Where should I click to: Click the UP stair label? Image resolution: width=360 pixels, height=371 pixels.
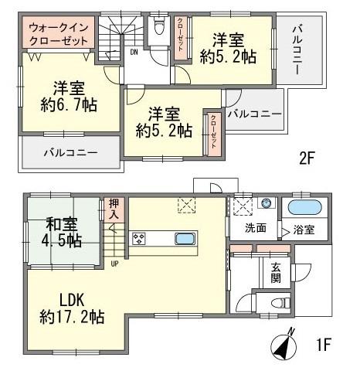coord(115,264)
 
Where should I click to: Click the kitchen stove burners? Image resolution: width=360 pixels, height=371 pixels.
coord(140,238)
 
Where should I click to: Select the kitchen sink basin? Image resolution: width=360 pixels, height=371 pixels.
coord(185,238)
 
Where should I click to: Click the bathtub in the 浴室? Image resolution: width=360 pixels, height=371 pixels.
coord(304,209)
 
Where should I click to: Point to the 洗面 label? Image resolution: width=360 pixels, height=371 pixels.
coord(256,229)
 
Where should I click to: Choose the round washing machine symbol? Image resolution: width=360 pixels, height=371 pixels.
coord(266,204)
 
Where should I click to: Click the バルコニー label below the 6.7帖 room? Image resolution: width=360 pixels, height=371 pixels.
coord(70,152)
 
